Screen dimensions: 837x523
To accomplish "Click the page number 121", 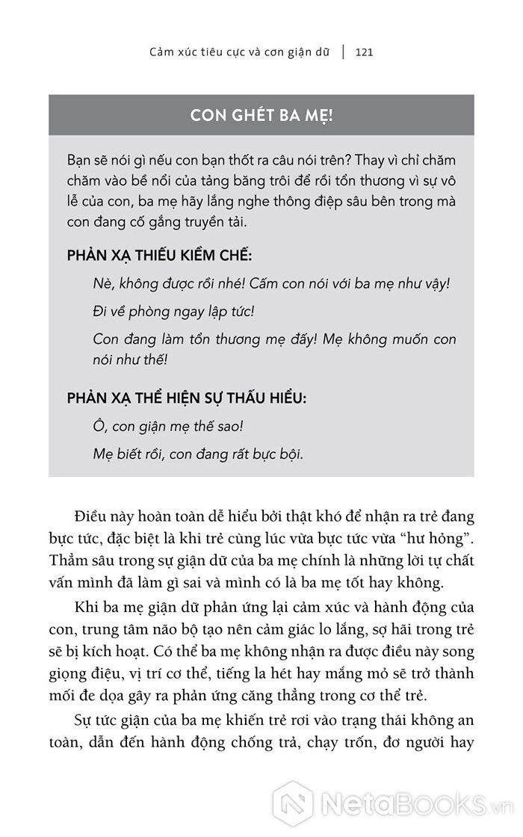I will click(364, 52).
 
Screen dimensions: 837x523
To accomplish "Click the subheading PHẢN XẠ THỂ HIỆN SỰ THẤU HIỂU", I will click(186, 398).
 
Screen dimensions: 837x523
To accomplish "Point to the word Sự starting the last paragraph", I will click(85, 723).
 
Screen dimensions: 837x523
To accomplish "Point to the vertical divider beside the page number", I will click(344, 52).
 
